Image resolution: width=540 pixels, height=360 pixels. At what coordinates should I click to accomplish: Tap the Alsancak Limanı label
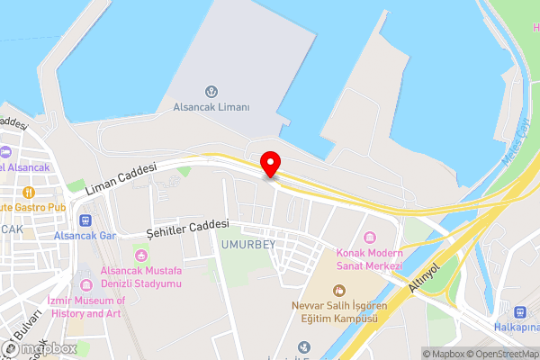click(x=211, y=106)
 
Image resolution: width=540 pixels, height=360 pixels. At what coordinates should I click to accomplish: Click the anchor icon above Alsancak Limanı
click(x=211, y=91)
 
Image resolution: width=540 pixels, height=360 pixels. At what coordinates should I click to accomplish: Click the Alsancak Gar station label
click(x=85, y=235)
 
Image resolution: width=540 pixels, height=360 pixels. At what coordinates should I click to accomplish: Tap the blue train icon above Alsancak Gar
click(x=85, y=220)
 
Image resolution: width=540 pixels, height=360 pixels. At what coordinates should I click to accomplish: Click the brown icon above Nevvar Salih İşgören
click(x=338, y=290)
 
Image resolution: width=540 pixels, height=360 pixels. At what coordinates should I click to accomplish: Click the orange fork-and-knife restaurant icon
click(x=29, y=192)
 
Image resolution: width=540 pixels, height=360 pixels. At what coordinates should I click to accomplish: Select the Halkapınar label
click(x=517, y=327)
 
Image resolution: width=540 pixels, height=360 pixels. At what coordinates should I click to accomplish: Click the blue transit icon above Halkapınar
click(x=518, y=311)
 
